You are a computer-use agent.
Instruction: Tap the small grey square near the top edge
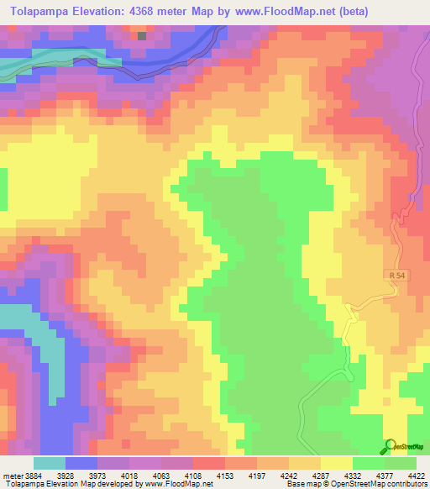(x=141, y=36)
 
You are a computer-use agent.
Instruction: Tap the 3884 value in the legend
(x=39, y=476)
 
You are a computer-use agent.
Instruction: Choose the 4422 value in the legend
(x=415, y=476)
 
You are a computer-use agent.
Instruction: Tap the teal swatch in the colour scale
(x=50, y=463)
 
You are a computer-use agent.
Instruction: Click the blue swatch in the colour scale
(x=81, y=463)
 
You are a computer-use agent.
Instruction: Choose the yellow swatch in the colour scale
(x=337, y=463)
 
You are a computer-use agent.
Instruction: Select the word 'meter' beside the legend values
(x=12, y=476)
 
